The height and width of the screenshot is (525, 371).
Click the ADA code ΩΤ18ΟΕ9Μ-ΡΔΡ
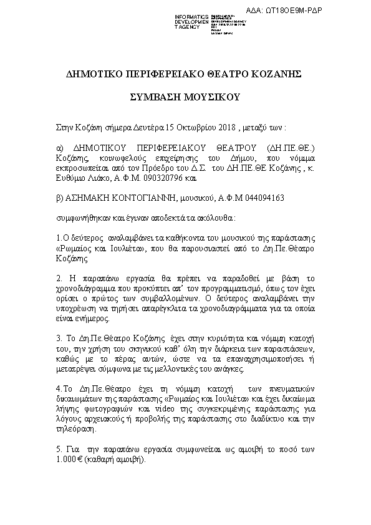pyautogui.click(x=330, y=11)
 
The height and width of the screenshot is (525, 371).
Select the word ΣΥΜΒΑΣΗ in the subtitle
pyautogui.click(x=154, y=98)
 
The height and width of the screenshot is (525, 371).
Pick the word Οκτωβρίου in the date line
pyautogui.click(x=190, y=128)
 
